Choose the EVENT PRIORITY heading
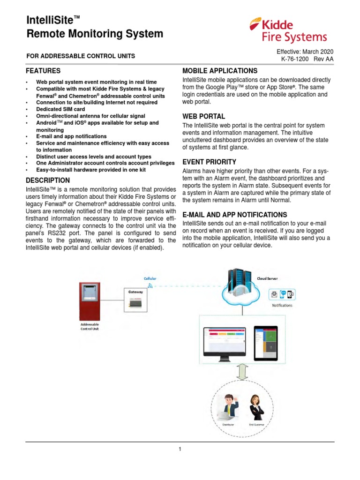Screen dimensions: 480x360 click(210, 162)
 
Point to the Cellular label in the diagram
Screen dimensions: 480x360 click(150, 278)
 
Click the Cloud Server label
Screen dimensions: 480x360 click(267, 278)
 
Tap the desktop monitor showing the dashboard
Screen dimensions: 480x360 click(224, 342)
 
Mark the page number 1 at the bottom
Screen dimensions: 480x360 click(180, 449)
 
